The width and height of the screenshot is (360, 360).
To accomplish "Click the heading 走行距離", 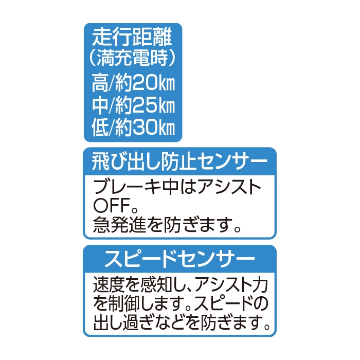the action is pyautogui.click(x=132, y=38).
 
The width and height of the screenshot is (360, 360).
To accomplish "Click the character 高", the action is pyautogui.click(x=100, y=83).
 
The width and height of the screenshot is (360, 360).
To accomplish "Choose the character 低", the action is pyautogui.click(x=100, y=128).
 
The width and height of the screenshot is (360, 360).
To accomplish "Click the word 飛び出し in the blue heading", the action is pyautogui.click(x=125, y=162).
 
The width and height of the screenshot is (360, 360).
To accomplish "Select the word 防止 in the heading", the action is pyautogui.click(x=177, y=162).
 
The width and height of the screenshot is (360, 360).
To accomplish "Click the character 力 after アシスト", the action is pyautogui.click(x=260, y=285).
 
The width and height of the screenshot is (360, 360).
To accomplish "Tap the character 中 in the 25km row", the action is pyautogui.click(x=100, y=105).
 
